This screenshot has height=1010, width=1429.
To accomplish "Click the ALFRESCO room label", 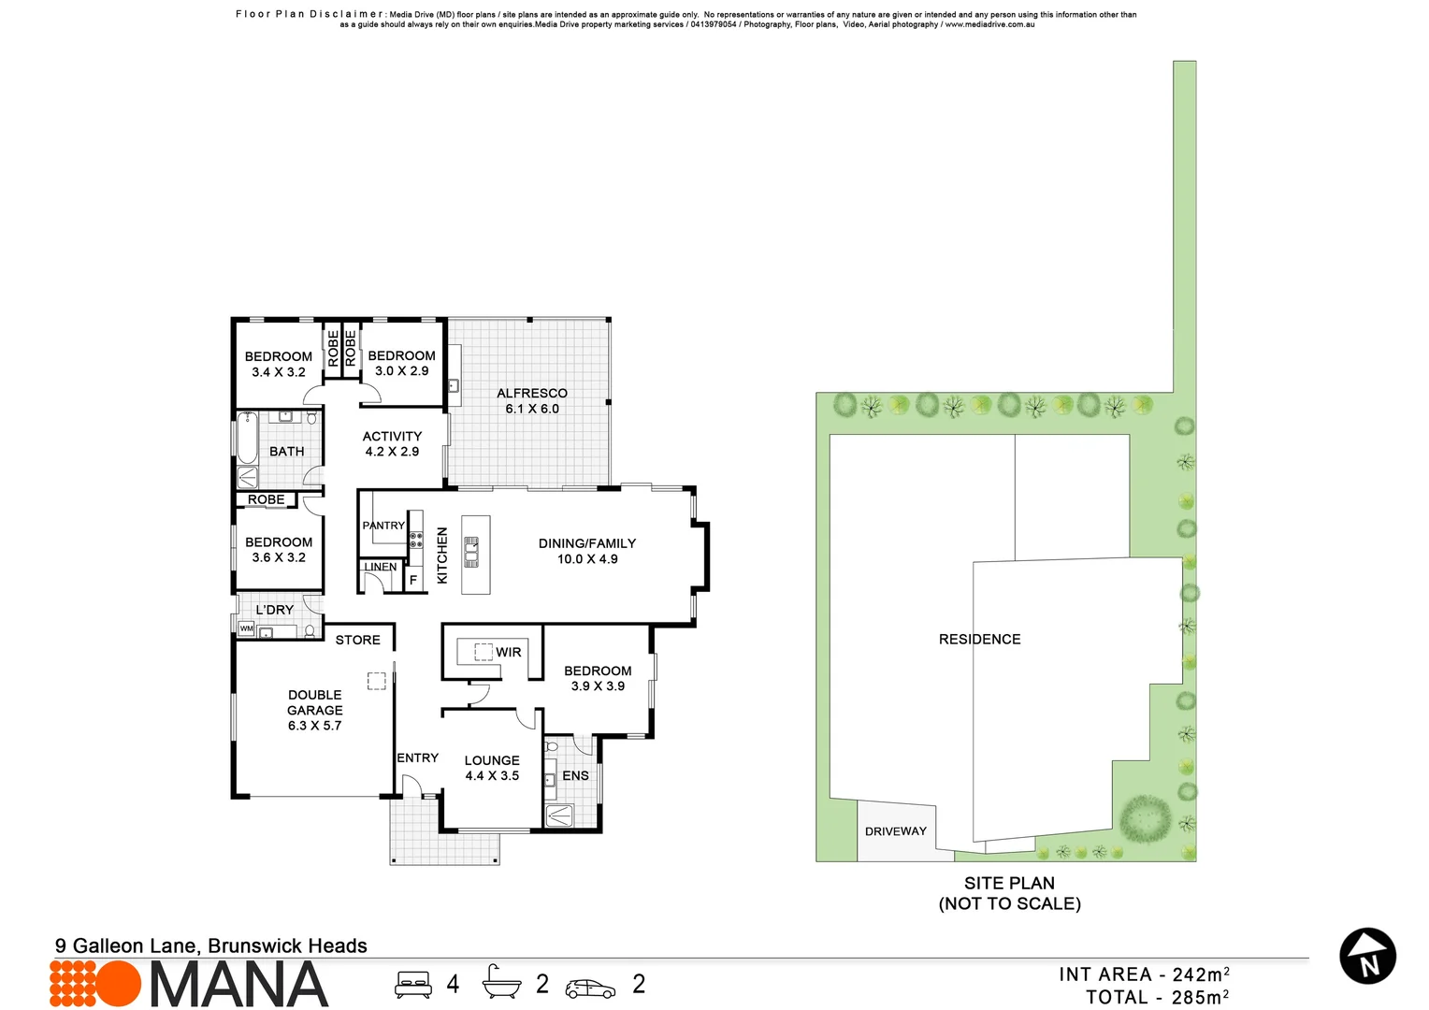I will (532, 394).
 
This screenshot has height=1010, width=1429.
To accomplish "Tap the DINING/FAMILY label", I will (587, 543).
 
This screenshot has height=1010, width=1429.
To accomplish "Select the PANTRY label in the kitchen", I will (383, 526).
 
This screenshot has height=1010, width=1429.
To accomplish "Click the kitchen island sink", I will (472, 553).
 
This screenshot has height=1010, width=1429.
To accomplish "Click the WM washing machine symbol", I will (246, 628).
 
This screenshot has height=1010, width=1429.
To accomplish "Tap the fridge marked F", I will (412, 580).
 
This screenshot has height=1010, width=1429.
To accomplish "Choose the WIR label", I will (509, 653).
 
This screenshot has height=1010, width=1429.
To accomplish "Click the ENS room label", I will (576, 776).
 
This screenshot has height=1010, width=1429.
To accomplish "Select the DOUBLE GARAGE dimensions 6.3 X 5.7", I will (315, 726).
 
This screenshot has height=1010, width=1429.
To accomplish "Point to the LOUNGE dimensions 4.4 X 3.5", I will (492, 776).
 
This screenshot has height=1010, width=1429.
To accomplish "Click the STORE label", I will (358, 641).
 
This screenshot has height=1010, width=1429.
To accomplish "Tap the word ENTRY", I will (418, 758).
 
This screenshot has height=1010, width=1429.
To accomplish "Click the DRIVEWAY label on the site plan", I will (896, 831).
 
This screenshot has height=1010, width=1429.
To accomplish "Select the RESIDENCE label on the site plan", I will (980, 640).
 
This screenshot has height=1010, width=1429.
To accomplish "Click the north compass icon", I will (1368, 957).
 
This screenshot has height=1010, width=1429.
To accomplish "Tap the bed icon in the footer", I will (413, 984).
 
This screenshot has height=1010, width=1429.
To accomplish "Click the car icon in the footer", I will (590, 988).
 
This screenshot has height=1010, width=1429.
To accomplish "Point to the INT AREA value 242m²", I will (1201, 974).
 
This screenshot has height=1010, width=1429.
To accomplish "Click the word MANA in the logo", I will (239, 985).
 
